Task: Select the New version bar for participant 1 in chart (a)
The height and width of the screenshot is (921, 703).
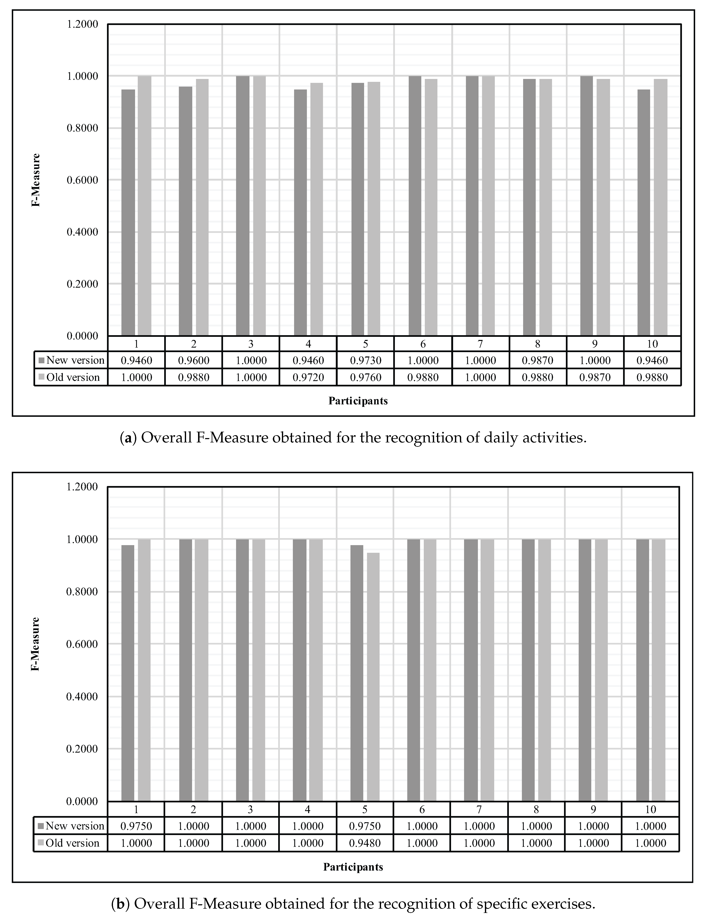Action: (x=128, y=213)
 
